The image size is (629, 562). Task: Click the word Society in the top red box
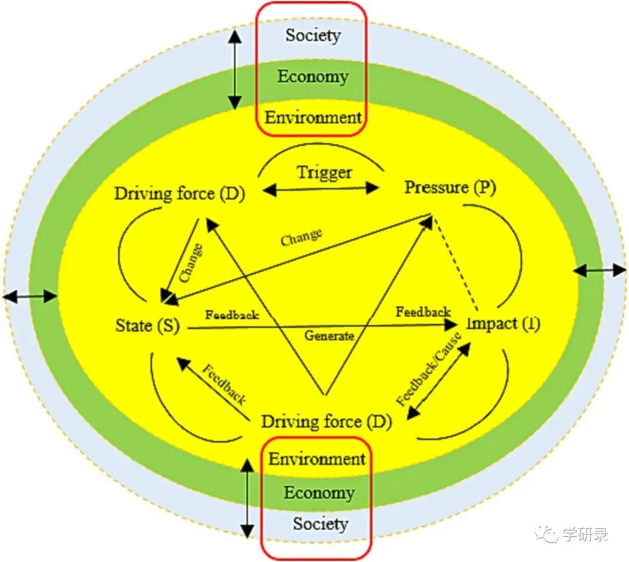point(313,36)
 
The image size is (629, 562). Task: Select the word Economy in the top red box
point(313,76)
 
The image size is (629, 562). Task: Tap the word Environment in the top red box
point(313,117)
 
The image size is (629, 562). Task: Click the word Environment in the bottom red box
point(317,459)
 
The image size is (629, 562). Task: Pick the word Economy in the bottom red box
point(319,493)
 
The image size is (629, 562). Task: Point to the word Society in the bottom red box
point(320,524)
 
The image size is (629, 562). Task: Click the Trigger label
point(324,173)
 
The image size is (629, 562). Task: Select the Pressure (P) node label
point(450,188)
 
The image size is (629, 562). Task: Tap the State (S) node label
point(147,325)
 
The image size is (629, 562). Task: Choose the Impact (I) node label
point(504,324)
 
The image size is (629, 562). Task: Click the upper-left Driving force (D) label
point(179,194)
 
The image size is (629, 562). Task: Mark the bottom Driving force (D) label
point(326,421)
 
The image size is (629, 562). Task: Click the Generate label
point(329,336)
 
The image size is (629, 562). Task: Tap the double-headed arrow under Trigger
point(321,188)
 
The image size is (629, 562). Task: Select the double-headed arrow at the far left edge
point(30,297)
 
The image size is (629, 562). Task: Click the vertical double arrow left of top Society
point(234,69)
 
